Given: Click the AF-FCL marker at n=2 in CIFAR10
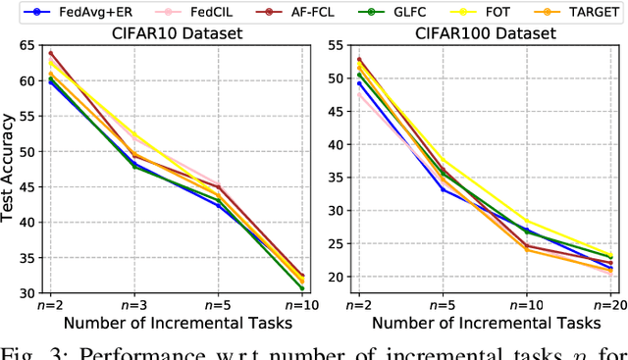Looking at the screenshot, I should (50, 53).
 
